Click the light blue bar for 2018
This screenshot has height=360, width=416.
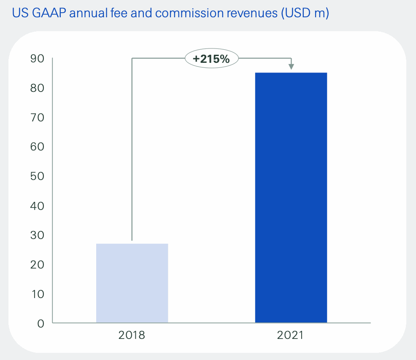[x=132, y=283]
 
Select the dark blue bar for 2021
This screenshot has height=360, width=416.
[x=291, y=198]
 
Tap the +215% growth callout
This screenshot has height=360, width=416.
[x=211, y=59]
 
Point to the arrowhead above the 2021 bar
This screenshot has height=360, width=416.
[x=291, y=66]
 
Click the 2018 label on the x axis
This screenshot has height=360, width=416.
[x=132, y=336]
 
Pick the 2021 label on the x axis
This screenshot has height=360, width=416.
[x=290, y=336]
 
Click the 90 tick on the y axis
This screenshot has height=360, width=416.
[x=37, y=59]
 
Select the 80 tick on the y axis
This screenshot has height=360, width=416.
[x=37, y=88]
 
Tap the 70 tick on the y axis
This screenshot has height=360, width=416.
[x=37, y=117]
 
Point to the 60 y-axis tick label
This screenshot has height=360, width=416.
[x=37, y=147]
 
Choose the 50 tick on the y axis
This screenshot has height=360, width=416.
[x=37, y=176]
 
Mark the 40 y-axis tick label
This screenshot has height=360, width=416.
[x=37, y=206]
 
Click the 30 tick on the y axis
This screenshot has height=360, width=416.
[x=37, y=235]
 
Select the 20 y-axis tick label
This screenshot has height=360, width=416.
[x=37, y=265]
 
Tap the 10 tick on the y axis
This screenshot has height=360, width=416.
[x=37, y=294]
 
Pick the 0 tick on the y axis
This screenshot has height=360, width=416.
[x=41, y=323]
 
